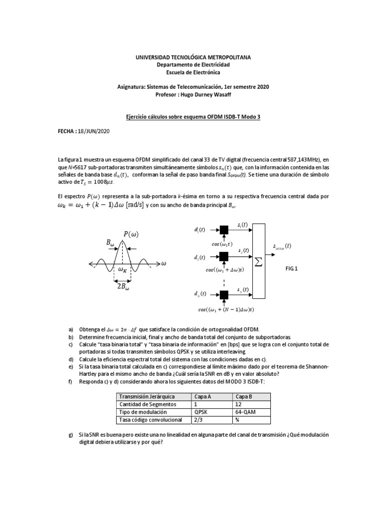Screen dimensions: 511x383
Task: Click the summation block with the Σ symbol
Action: [x=259, y=262]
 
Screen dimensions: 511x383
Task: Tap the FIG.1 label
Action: [x=291, y=268]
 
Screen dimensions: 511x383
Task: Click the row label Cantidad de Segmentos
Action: [x=144, y=404]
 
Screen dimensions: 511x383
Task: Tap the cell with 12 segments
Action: [x=239, y=404]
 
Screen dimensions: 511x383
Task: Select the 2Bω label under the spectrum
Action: [x=124, y=287]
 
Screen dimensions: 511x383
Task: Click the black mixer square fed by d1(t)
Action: [x=223, y=230]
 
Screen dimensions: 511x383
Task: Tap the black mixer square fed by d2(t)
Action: [x=223, y=256]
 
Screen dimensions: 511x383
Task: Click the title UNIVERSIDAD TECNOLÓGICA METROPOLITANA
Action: [x=193, y=58]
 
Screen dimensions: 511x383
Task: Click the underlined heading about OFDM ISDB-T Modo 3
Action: [x=193, y=116]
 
